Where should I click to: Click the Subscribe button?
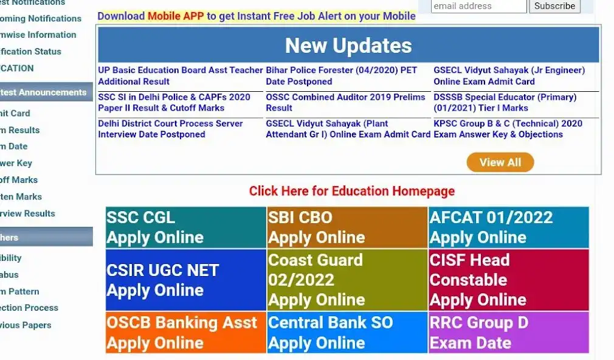pyautogui.click(x=554, y=6)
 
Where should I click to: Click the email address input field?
pyautogui.click(x=478, y=6)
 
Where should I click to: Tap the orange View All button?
pyautogui.click(x=500, y=162)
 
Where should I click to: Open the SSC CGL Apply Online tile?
pyautogui.click(x=185, y=227)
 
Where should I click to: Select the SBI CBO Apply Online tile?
pyautogui.click(x=347, y=227)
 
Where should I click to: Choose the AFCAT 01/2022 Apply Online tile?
pyautogui.click(x=509, y=227)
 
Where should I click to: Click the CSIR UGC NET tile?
pyautogui.click(x=185, y=280)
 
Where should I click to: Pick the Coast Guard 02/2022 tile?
pyautogui.click(x=347, y=280)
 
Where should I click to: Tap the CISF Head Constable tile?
pyautogui.click(x=509, y=280)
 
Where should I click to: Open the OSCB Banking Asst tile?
pyautogui.click(x=185, y=333)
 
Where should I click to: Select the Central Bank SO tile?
pyautogui.click(x=347, y=333)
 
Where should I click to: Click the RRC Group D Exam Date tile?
pyautogui.click(x=509, y=333)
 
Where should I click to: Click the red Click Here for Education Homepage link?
pyautogui.click(x=351, y=191)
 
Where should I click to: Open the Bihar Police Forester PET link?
pyautogui.click(x=342, y=76)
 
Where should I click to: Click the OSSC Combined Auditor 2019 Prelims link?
pyautogui.click(x=345, y=102)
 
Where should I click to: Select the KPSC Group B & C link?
pyautogui.click(x=508, y=129)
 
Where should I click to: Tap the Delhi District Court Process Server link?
pyautogui.click(x=170, y=129)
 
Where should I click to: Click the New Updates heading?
pyautogui.click(x=348, y=46)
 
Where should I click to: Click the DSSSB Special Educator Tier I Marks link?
pyautogui.click(x=505, y=102)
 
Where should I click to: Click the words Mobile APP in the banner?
pyautogui.click(x=176, y=16)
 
